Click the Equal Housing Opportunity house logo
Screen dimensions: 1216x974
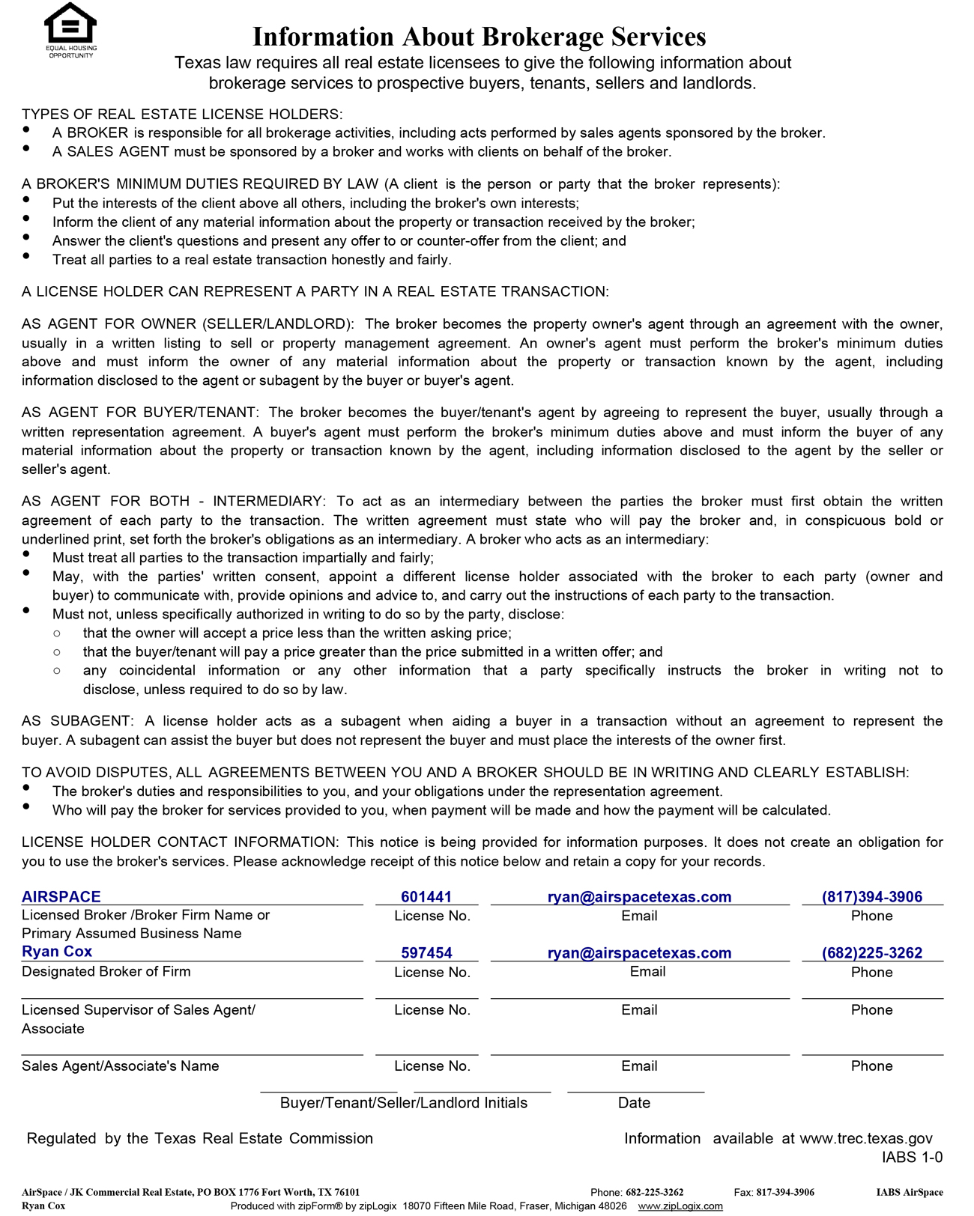[x=70, y=25]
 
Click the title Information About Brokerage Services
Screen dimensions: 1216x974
[x=480, y=36]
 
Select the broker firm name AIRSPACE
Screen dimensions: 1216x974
[x=61, y=896]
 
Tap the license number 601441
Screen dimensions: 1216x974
[x=426, y=896]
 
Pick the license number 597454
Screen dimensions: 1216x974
[x=426, y=952]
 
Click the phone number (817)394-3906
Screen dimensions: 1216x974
[x=872, y=896]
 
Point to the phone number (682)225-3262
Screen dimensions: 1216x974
[x=872, y=952]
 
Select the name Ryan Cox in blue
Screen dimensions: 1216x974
[x=57, y=951]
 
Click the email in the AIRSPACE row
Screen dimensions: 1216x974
[x=639, y=896]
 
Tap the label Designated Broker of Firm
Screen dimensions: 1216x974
[x=106, y=971]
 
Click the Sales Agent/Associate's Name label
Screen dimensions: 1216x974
[x=120, y=1065]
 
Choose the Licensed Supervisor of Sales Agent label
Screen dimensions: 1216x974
[x=138, y=1009]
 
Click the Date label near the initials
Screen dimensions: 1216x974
[x=634, y=1102]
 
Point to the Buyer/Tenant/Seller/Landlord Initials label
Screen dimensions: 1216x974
[x=403, y=1102]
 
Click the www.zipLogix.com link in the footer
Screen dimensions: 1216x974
[x=680, y=1206]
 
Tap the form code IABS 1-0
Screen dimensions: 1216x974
[x=912, y=1157]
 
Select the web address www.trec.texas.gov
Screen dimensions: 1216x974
[x=866, y=1138]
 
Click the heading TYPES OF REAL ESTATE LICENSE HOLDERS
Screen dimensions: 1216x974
[x=182, y=114]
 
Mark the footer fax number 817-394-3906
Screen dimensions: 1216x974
[x=785, y=1192]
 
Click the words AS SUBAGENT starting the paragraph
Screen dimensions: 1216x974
[x=77, y=721]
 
